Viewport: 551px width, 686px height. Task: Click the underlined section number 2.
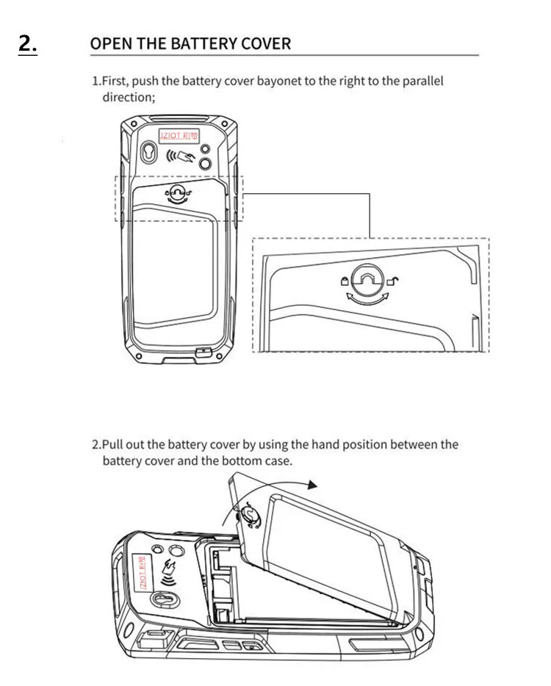click(x=28, y=44)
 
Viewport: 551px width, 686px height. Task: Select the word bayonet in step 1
click(x=278, y=82)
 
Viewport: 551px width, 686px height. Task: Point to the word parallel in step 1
click(x=422, y=82)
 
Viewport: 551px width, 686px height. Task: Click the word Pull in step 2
click(x=112, y=444)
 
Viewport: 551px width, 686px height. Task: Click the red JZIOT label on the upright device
click(x=178, y=135)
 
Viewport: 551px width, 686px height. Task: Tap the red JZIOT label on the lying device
click(x=142, y=572)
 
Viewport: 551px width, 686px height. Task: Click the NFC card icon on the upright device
click(x=180, y=155)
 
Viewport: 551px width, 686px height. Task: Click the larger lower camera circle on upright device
click(x=205, y=164)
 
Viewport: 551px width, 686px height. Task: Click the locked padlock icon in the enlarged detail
click(x=345, y=281)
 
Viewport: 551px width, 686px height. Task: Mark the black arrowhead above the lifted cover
click(x=311, y=485)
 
